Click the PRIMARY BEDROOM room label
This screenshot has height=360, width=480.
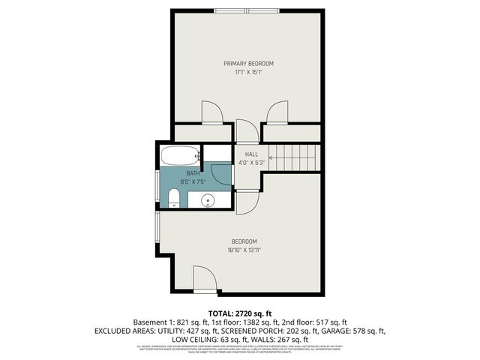click(x=248, y=63)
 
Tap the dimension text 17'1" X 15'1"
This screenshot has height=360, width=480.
click(x=248, y=73)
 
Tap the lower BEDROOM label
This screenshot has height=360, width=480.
click(x=244, y=241)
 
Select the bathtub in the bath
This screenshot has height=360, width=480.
click(x=180, y=157)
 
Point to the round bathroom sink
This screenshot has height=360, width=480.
click(x=209, y=200)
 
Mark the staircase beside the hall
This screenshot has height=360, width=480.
click(x=293, y=157)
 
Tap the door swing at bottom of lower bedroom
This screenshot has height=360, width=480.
click(x=205, y=279)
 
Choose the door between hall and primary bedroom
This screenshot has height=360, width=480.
click(x=246, y=130)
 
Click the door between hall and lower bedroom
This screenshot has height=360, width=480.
click(x=247, y=202)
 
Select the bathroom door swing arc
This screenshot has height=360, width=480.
click(x=221, y=173)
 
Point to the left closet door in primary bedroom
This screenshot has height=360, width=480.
click(x=211, y=112)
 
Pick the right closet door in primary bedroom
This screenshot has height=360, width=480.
click(x=277, y=112)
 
